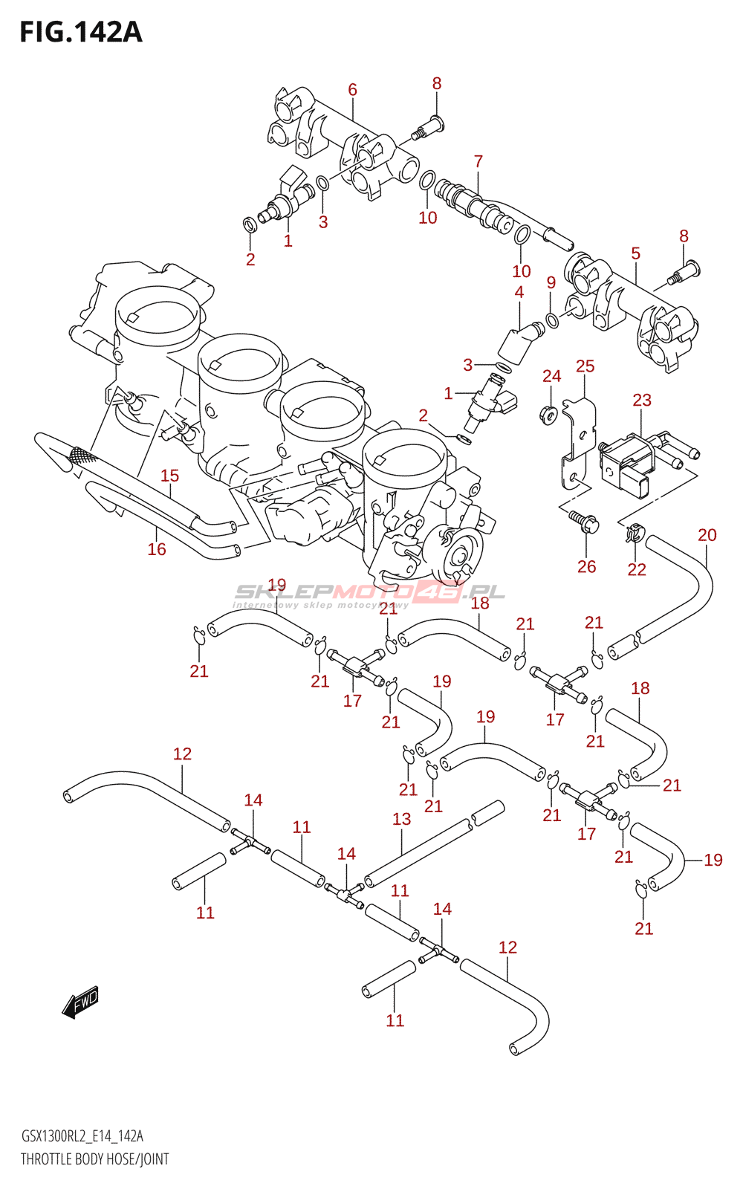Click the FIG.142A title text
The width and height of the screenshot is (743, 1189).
pos(81,33)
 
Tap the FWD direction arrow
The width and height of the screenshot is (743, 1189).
pos(81,1002)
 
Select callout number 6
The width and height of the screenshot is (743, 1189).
pos(352,90)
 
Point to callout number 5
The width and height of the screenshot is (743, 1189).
pos(636,253)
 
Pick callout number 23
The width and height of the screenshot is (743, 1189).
pos(642,400)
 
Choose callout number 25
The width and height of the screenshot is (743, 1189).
pos(585,366)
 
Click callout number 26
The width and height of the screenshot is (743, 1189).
pos(586,566)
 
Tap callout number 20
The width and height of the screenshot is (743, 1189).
pos(707,534)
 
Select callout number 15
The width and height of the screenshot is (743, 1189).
pos(170,476)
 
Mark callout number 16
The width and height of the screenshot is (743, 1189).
pos(157,549)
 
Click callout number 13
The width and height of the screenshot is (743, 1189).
pos(402,819)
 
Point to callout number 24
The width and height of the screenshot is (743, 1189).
pos(551,376)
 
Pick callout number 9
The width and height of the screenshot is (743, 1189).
pos(551,282)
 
